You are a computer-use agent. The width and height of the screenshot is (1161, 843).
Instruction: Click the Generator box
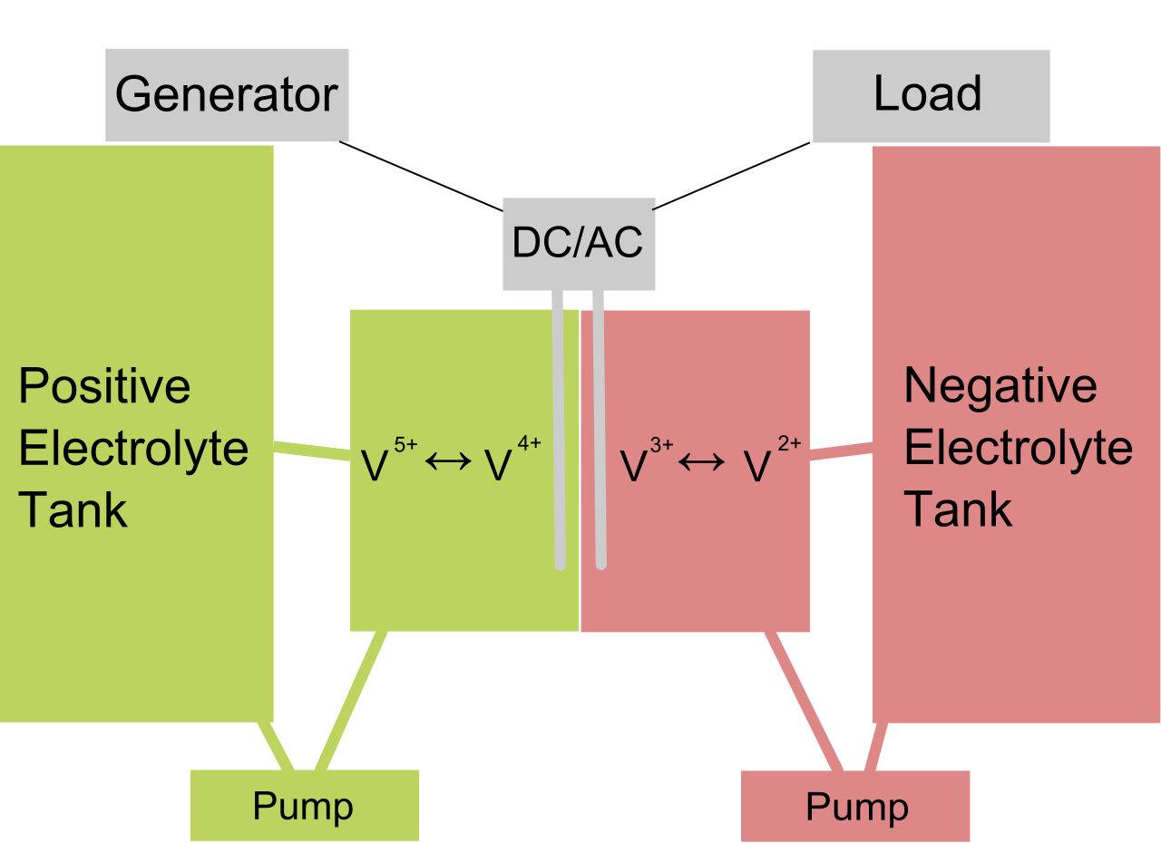pos(227,95)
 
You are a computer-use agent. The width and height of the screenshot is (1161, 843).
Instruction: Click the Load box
pos(931,95)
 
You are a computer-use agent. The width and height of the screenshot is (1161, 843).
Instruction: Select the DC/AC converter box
pos(579,243)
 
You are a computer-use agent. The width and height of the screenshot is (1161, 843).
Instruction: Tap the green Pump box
pos(304,805)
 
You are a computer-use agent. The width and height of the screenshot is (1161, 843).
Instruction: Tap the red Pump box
pos(855,806)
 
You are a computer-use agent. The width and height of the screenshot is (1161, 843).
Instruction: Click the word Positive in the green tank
pos(104,388)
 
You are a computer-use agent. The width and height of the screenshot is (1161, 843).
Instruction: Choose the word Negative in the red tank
pos(1000,386)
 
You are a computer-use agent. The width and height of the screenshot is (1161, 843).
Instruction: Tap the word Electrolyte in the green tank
pos(133,449)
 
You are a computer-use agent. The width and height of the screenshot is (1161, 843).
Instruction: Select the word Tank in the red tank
pos(958,509)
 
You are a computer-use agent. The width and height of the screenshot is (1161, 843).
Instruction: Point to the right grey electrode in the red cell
pos(599,426)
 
